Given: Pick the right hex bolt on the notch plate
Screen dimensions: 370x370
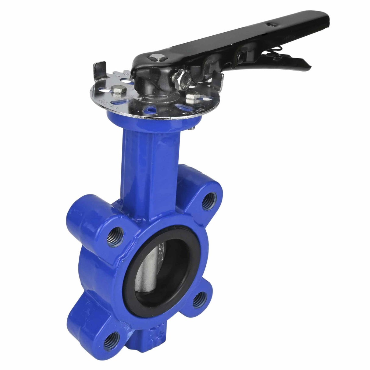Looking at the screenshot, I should (x=191, y=98).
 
